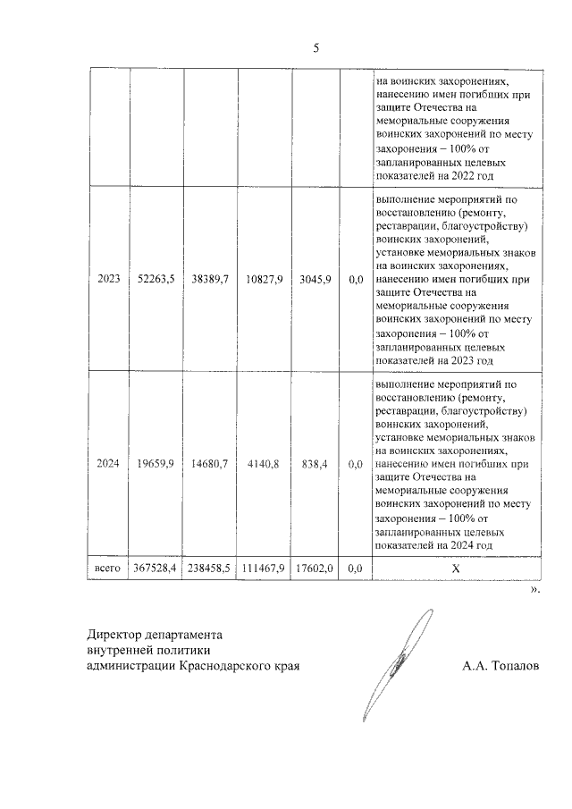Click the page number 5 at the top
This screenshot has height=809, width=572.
[x=315, y=48]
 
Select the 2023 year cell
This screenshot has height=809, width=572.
[x=107, y=280]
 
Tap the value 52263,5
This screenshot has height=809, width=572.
[x=156, y=280]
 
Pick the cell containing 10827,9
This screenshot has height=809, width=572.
[x=264, y=280]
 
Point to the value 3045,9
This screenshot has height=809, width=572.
[x=315, y=280]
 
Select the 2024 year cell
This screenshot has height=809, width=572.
[x=107, y=463]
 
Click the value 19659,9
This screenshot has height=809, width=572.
[x=156, y=463]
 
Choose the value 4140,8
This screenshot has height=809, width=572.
[x=264, y=463]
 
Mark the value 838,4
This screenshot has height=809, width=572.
[x=315, y=463]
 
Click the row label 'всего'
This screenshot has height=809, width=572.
[x=107, y=567]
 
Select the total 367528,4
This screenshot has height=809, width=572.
[x=156, y=567]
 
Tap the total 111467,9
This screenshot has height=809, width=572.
[x=264, y=567]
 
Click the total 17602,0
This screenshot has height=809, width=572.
[x=315, y=567]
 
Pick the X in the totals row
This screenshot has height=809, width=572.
[x=456, y=567]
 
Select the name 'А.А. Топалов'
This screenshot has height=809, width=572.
[x=501, y=666]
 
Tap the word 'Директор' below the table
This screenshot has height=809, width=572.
[x=114, y=634]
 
